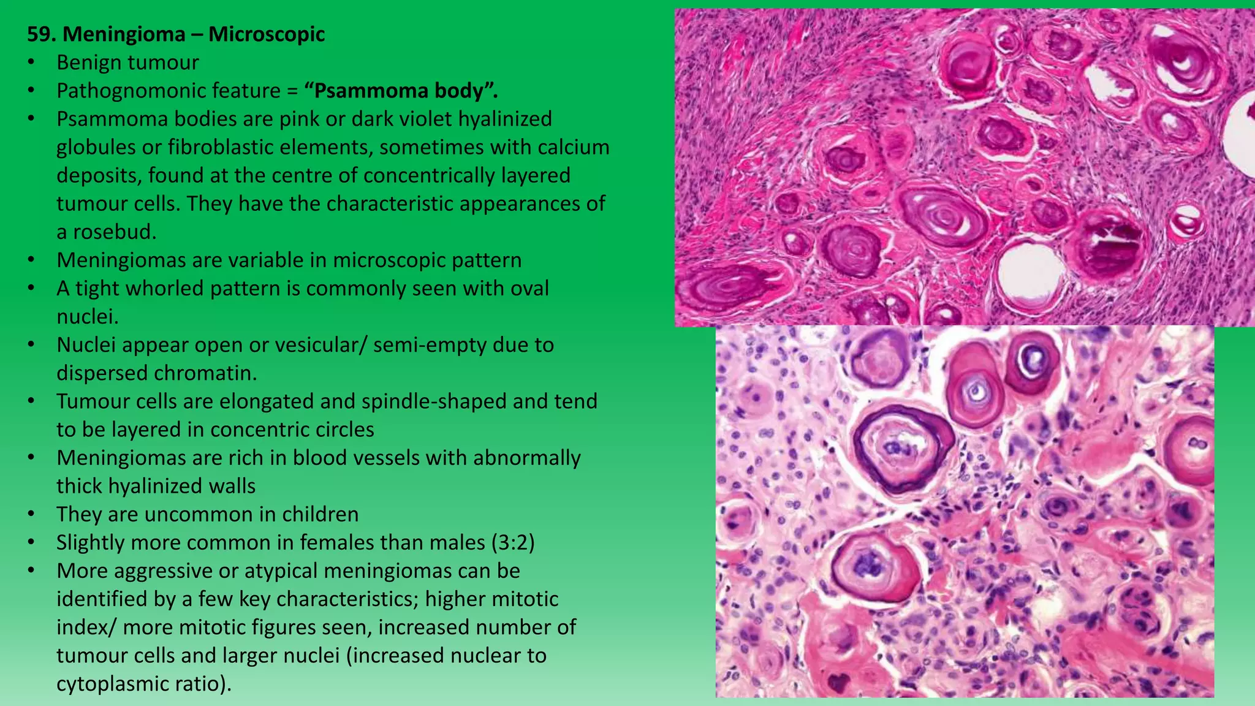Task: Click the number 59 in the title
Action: click(41, 34)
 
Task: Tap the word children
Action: click(320, 514)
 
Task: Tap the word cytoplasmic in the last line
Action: click(114, 683)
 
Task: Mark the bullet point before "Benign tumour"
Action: click(31, 63)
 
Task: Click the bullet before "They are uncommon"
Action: click(31, 514)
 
